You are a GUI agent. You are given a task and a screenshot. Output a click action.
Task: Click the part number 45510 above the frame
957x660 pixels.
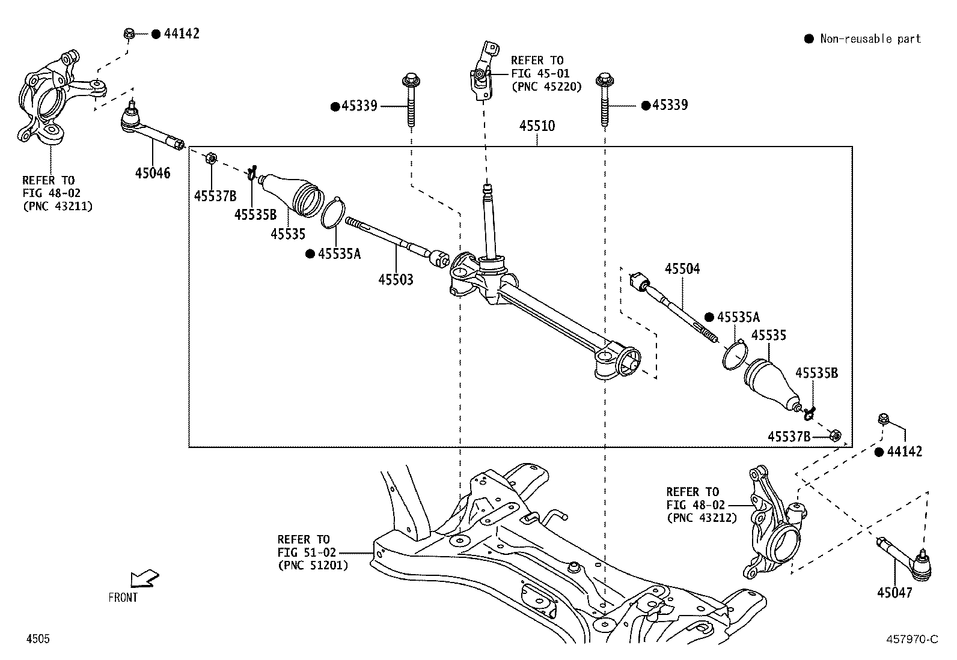(x=537, y=126)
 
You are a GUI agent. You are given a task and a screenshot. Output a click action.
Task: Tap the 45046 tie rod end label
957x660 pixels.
(x=153, y=174)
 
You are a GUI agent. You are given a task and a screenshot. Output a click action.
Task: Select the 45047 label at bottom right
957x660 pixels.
(x=894, y=593)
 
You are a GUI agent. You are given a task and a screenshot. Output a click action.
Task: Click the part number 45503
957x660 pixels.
(x=396, y=279)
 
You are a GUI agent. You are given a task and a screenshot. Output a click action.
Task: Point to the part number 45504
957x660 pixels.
(x=682, y=269)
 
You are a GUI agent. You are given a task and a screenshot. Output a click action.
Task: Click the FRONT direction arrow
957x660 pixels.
(x=144, y=578)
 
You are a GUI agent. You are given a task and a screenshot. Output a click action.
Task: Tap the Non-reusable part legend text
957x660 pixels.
(x=870, y=39)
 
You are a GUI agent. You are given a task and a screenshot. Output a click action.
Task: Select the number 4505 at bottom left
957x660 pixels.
(x=37, y=639)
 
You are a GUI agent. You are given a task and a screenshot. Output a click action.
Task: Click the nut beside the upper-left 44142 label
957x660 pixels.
(x=129, y=34)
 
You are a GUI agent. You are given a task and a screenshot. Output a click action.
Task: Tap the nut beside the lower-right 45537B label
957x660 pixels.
(x=836, y=435)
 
